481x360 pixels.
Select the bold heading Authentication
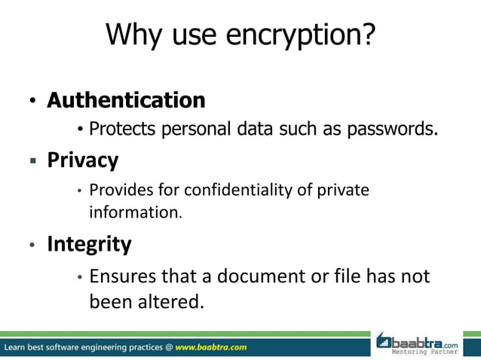pyautogui.click(x=126, y=99)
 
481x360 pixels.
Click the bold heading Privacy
pyautogui.click(x=83, y=160)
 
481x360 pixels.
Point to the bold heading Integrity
pyautogui.click(x=89, y=244)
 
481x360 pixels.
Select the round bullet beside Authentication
pyautogui.click(x=32, y=102)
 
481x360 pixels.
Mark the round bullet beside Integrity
pyautogui.click(x=32, y=246)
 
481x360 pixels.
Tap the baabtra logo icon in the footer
pyautogui.click(x=384, y=341)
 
